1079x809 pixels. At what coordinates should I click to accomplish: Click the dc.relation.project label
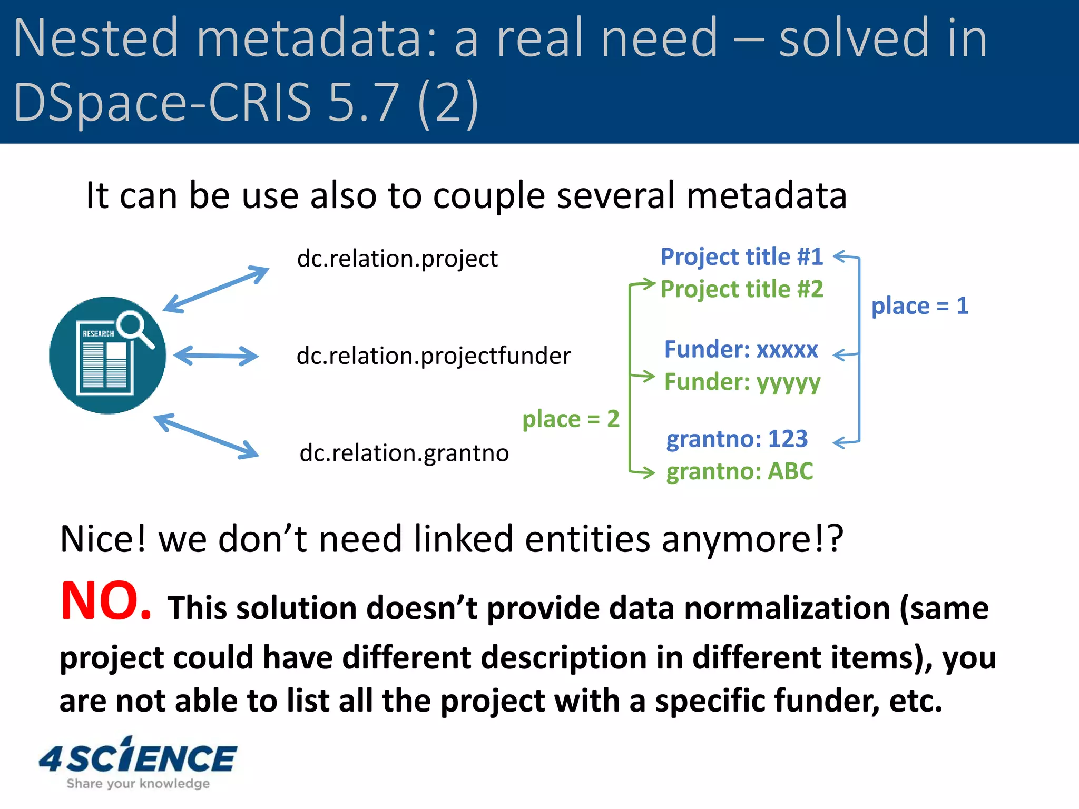[x=397, y=259]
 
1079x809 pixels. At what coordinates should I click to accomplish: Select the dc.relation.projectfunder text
[x=433, y=356]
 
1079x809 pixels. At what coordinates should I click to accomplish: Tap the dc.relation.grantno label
[x=404, y=453]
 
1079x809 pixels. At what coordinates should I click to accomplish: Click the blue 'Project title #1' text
[x=741, y=257]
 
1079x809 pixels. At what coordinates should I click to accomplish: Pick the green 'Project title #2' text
[x=741, y=290]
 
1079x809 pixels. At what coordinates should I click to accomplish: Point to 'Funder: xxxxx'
[x=741, y=350]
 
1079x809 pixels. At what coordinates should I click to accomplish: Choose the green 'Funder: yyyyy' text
[x=742, y=382]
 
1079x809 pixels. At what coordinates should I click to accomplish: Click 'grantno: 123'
[x=737, y=439]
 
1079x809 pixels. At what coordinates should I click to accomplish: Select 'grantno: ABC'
[x=739, y=472]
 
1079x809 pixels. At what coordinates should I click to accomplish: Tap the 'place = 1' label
[x=919, y=306]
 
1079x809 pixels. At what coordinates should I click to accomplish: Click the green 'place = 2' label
[x=571, y=419]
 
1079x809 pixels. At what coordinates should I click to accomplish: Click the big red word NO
[x=105, y=601]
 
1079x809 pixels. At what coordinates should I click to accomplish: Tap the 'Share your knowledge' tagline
[x=138, y=784]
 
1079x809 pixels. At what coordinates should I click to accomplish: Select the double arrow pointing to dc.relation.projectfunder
[x=216, y=356]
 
